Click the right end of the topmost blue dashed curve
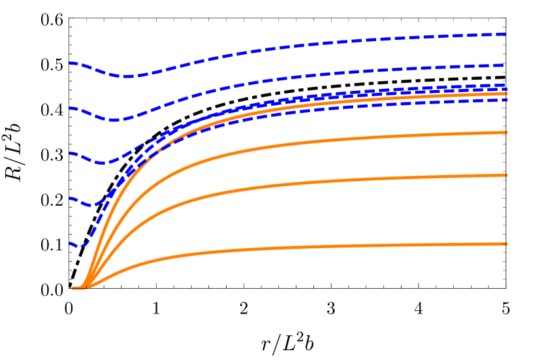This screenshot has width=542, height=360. pos(505,33)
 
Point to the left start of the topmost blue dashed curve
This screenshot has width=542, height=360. pos(71,63)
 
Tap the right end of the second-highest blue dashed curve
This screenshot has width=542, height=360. pos(505,65)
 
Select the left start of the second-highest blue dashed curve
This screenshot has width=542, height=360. pos(71,108)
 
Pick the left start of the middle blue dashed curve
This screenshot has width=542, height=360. pos(71,154)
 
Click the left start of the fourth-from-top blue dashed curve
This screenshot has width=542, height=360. pos(71,199)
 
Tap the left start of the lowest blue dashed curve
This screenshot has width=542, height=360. pos(71,244)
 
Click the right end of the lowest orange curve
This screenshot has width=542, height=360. pos(506,244)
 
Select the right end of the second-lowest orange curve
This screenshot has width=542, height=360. pos(506,175)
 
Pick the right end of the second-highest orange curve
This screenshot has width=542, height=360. pos(506,133)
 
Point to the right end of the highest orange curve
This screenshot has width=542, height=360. pos(506,94)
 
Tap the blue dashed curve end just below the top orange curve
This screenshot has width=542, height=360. pos(505,100)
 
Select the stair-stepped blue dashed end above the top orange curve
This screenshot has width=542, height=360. pos(505,86)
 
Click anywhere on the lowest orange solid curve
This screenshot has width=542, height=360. pos(261,248)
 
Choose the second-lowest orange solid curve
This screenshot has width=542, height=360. pos(261,188)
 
